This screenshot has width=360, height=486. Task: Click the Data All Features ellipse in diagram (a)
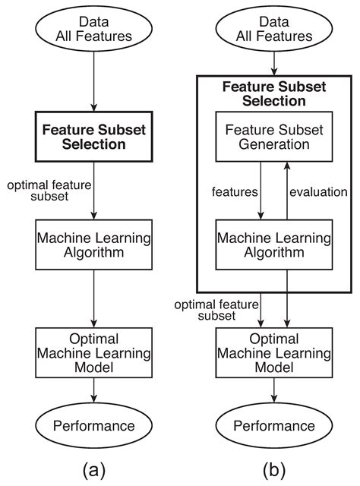tap(93, 30)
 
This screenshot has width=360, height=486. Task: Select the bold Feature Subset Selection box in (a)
tap(93, 136)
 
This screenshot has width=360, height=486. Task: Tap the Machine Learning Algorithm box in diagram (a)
tap(93, 245)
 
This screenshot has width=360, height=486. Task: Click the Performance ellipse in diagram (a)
tap(93, 425)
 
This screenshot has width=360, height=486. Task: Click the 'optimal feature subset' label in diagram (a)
tap(45, 191)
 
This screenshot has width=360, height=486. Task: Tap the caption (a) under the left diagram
tap(93, 470)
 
